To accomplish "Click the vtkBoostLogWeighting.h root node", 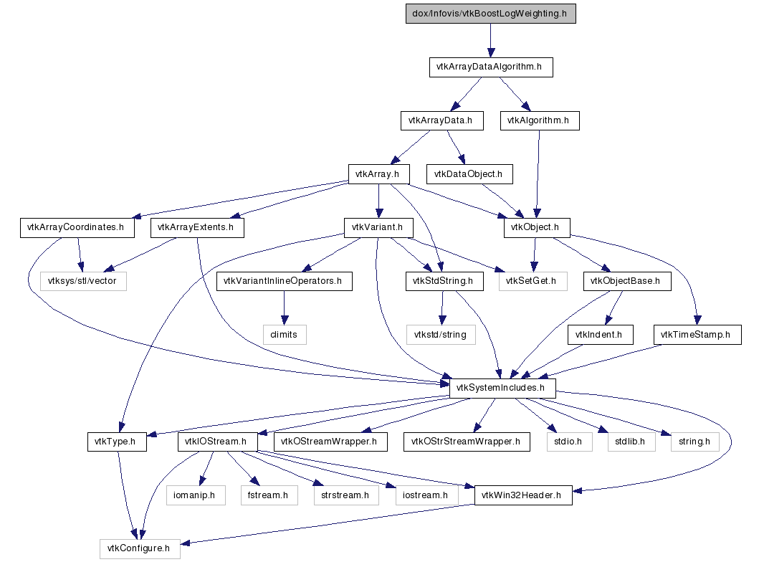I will (491, 14).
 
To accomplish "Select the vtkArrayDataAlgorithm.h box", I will (491, 67).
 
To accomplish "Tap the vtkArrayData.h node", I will (441, 120).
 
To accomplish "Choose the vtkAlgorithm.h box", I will (539, 120).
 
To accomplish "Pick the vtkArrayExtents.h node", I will (197, 228).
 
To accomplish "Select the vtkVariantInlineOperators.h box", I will (284, 281).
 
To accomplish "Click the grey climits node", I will (284, 334).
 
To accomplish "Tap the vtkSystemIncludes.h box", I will (502, 388).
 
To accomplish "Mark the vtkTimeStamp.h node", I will (696, 334).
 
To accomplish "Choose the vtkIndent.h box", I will (600, 334).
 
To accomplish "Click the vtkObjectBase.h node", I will (626, 281).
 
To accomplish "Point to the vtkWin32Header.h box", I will (523, 495).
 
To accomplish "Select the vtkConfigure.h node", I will (139, 549).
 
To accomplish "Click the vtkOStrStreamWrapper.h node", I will (467, 442).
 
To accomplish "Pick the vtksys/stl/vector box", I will (83, 281).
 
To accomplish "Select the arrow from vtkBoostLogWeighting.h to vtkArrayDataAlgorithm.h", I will (491, 40).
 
